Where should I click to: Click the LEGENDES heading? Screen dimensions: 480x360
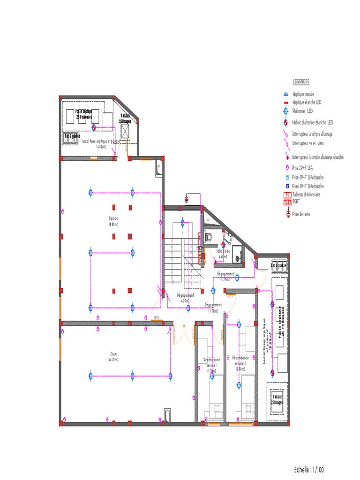[301, 82]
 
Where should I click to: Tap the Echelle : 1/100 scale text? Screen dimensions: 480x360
[309, 469]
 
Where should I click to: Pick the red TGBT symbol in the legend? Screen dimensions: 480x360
[287, 202]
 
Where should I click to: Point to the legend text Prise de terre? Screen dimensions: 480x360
[301, 214]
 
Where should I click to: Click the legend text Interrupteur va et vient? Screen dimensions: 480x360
[308, 143]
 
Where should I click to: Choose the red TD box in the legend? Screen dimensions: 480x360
[287, 195]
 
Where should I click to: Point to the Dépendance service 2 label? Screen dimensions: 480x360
[240, 360]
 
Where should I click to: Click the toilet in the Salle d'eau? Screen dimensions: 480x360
[209, 237]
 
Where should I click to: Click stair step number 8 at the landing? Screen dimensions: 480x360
[182, 232]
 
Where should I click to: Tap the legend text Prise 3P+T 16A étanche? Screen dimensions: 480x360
[307, 186]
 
